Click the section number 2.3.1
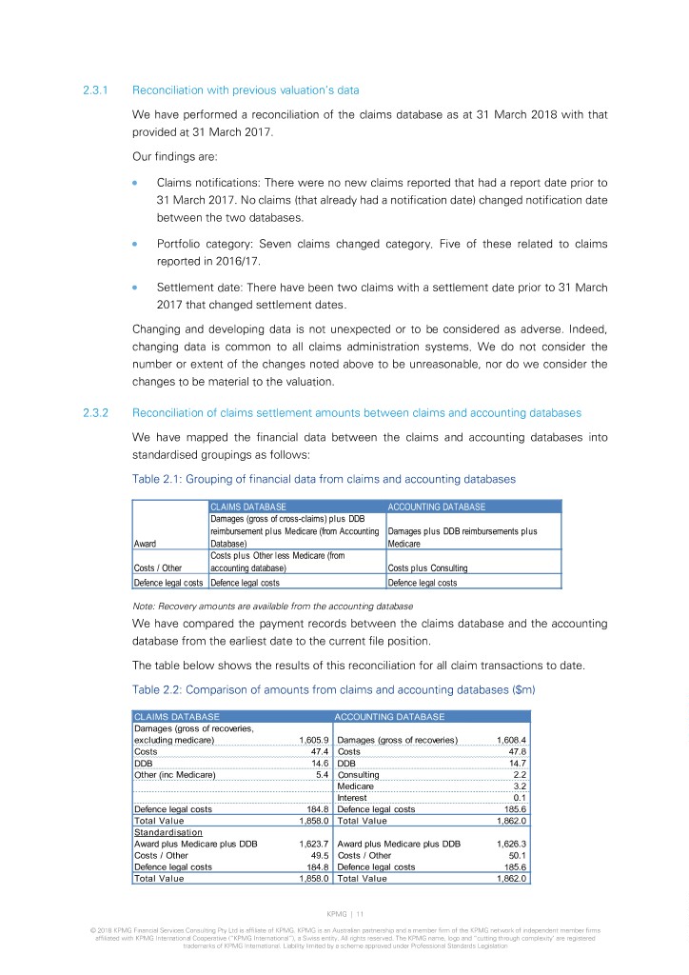tap(98, 91)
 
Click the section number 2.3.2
tap(98, 413)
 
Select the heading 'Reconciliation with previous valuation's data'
tap(246, 91)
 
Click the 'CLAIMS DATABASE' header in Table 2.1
tap(248, 507)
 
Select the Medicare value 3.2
tap(520, 786)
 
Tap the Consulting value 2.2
tap(520, 775)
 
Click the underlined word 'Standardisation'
tap(168, 832)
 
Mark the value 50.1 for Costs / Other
tap(517, 855)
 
